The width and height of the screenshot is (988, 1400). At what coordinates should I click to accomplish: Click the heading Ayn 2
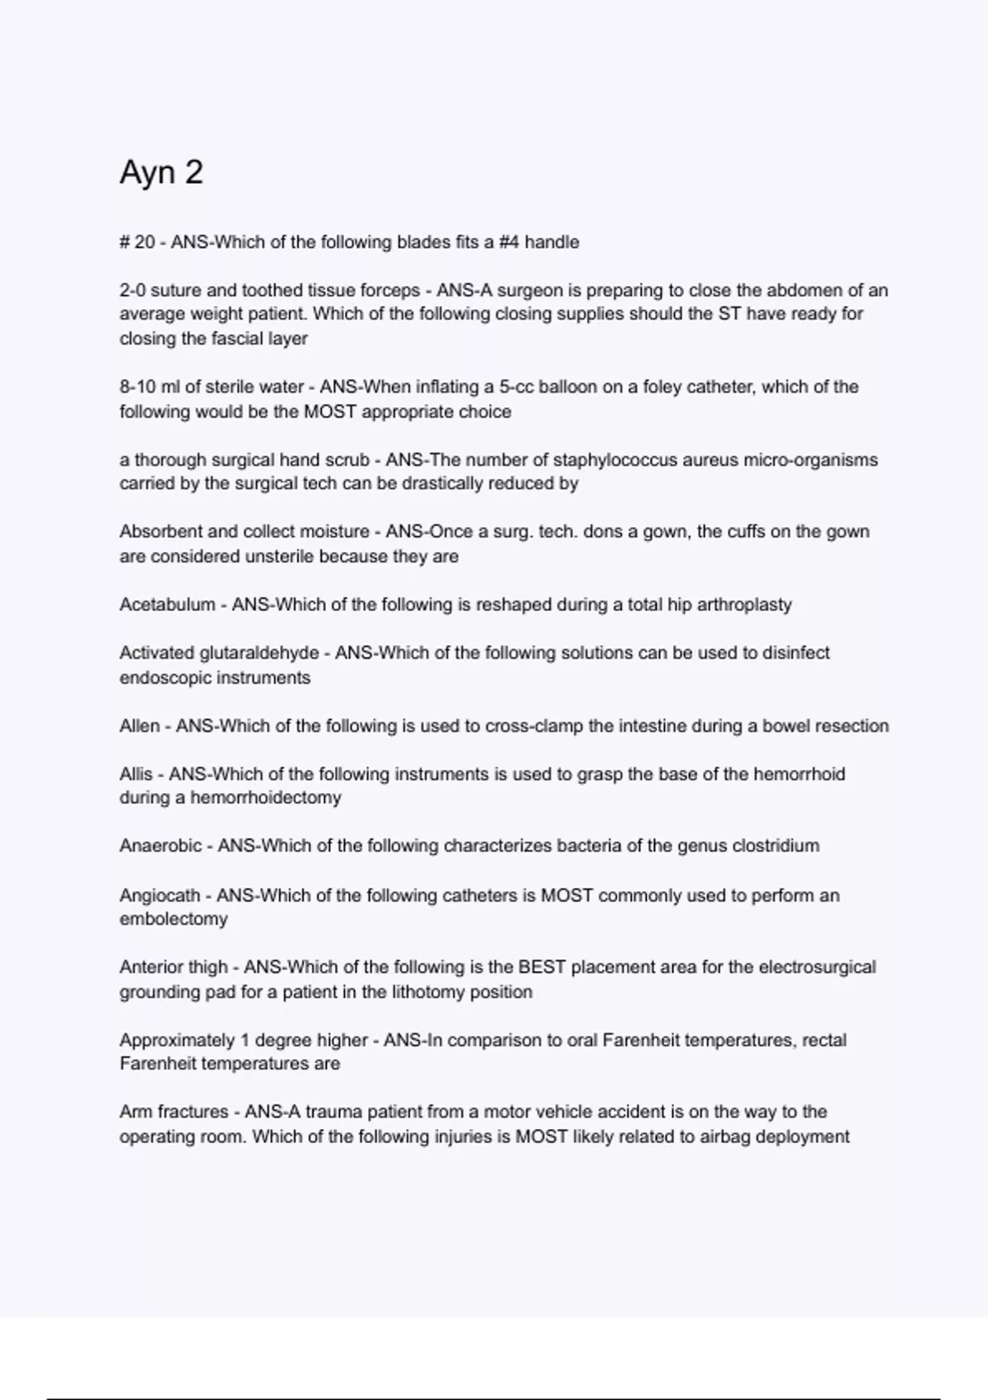point(161,172)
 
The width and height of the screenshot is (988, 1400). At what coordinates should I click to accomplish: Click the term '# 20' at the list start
point(137,242)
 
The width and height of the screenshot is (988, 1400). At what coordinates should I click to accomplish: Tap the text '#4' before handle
point(509,242)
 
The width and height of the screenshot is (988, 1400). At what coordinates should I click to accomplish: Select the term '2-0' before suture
point(133,290)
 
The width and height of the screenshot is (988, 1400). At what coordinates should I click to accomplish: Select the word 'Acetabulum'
point(167,604)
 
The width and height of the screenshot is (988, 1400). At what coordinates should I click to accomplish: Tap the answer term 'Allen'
point(140,726)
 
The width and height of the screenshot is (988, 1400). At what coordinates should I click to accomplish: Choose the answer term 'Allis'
point(136,774)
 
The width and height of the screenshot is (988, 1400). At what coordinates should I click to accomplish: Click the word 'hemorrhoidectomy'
point(266,797)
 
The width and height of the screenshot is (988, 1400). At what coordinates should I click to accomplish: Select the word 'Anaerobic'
point(161,846)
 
